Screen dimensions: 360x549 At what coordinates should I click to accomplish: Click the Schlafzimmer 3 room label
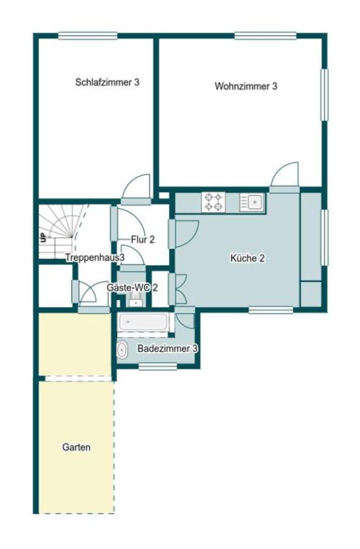coord(107,82)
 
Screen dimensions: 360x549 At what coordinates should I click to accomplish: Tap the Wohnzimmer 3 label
coord(246,86)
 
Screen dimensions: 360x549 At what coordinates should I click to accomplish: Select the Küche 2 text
coord(247,259)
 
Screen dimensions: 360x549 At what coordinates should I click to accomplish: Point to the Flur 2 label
coord(143,240)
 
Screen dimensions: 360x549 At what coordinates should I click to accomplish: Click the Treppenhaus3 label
coord(95,257)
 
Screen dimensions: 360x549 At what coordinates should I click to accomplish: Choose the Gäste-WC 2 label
coord(132,288)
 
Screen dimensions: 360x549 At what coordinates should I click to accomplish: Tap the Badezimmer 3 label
coord(167,349)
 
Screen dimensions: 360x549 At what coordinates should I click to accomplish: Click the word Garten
coord(76,447)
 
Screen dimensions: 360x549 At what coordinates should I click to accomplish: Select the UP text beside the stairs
coord(43,238)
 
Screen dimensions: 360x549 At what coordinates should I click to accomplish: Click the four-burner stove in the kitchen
coord(214,202)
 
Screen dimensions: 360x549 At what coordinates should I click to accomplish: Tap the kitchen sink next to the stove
coord(252,202)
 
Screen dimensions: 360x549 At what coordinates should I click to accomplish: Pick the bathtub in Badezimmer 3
coord(143,321)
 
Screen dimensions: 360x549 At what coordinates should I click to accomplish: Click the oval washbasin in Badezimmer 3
coord(122,350)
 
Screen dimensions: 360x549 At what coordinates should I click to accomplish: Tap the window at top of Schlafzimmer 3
coord(87,36)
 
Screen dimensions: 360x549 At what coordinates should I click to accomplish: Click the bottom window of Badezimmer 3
coord(157,366)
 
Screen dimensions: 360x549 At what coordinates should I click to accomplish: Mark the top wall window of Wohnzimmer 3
coord(265,36)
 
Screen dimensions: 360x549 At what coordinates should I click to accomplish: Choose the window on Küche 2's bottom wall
coord(271,310)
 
